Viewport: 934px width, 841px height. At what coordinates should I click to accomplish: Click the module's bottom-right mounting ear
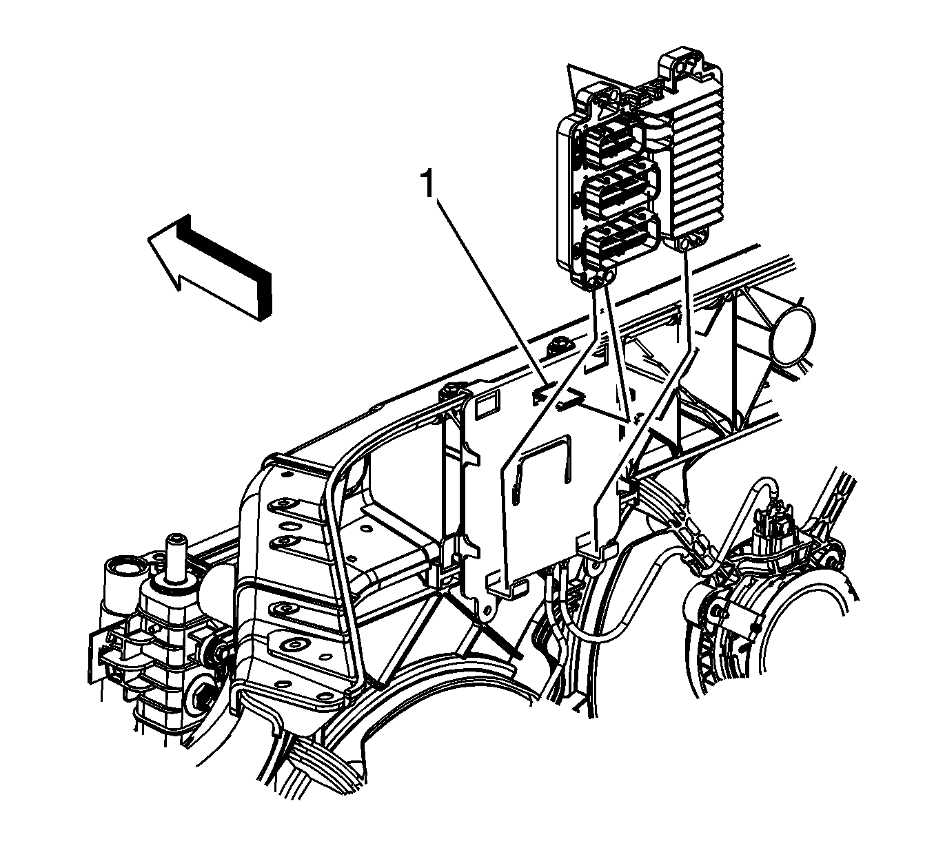tap(693, 242)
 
